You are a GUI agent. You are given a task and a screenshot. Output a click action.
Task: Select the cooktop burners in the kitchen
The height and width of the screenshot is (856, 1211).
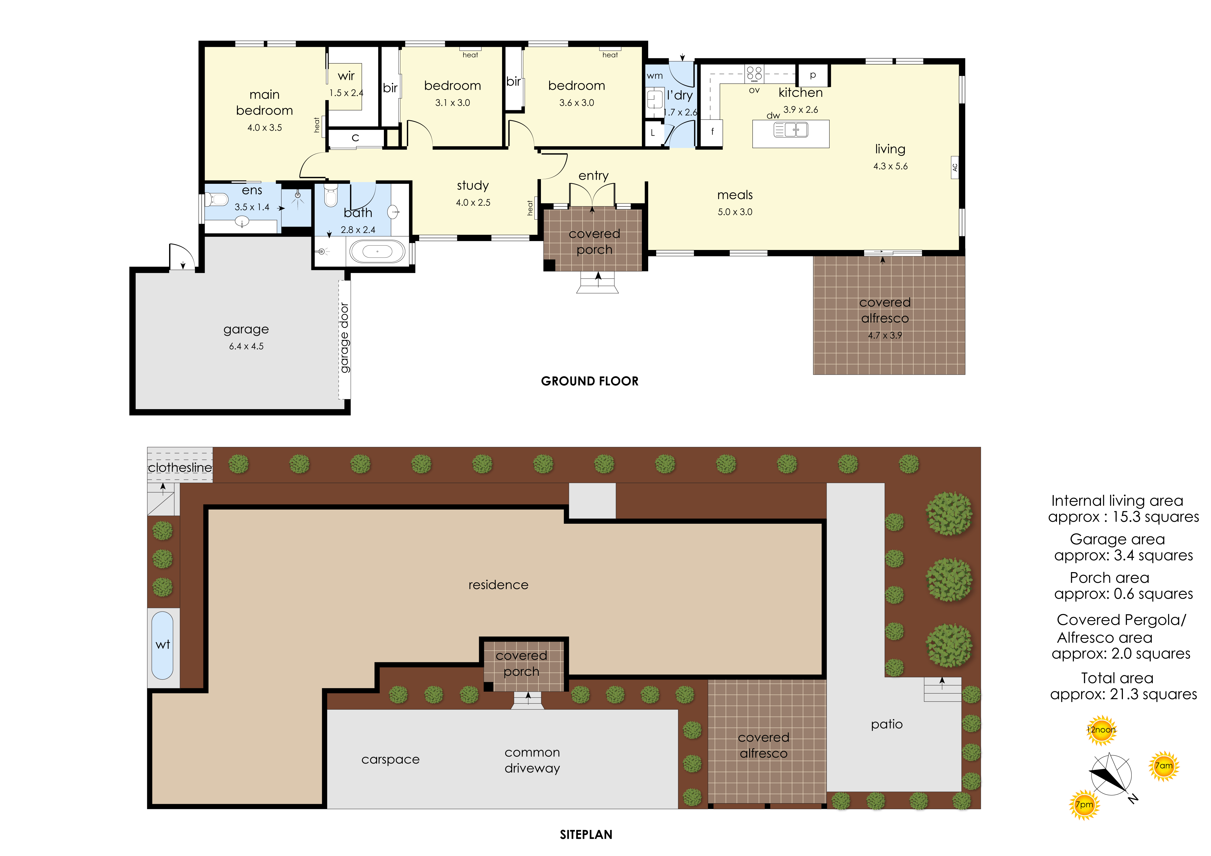point(754,73)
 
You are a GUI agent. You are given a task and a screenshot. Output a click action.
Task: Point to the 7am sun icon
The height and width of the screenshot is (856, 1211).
point(1164,766)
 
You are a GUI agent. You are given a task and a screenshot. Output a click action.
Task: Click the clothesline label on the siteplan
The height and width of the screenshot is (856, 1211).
point(180,468)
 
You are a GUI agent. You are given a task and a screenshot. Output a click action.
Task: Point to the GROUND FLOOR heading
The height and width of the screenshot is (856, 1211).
point(590,381)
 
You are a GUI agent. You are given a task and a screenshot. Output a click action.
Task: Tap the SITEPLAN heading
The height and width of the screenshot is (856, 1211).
point(586,834)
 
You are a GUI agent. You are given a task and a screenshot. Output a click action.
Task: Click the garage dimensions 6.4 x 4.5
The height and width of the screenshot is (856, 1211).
point(246,346)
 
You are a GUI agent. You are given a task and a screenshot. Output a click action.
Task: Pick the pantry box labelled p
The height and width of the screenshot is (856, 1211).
point(813,75)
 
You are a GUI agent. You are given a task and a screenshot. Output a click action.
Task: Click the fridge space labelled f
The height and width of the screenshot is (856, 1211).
point(712,132)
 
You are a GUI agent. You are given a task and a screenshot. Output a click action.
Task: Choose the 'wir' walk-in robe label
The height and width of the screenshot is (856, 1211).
point(346,76)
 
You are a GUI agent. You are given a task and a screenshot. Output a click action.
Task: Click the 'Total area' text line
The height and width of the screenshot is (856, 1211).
point(1117,678)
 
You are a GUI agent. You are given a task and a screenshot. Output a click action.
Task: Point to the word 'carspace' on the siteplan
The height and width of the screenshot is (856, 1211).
point(390,759)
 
